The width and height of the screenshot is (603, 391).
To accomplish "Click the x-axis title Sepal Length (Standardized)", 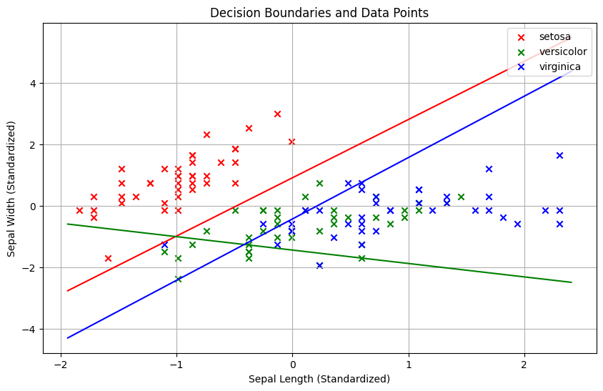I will click(x=319, y=380).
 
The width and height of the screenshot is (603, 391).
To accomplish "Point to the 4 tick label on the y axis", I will click(x=33, y=84).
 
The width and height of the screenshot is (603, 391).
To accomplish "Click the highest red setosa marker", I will click(x=277, y=114).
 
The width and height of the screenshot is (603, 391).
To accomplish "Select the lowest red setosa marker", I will click(x=108, y=258).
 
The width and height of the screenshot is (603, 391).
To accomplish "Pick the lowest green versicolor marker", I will click(x=178, y=279).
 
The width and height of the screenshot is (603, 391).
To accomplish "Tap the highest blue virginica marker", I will click(x=559, y=155).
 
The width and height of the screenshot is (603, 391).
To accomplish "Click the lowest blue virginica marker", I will click(x=319, y=265).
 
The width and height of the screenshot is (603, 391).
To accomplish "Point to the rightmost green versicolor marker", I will click(x=461, y=197).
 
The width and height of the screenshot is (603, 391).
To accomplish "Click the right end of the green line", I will click(x=572, y=282).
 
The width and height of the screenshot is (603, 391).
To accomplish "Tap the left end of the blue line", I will click(x=67, y=338).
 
